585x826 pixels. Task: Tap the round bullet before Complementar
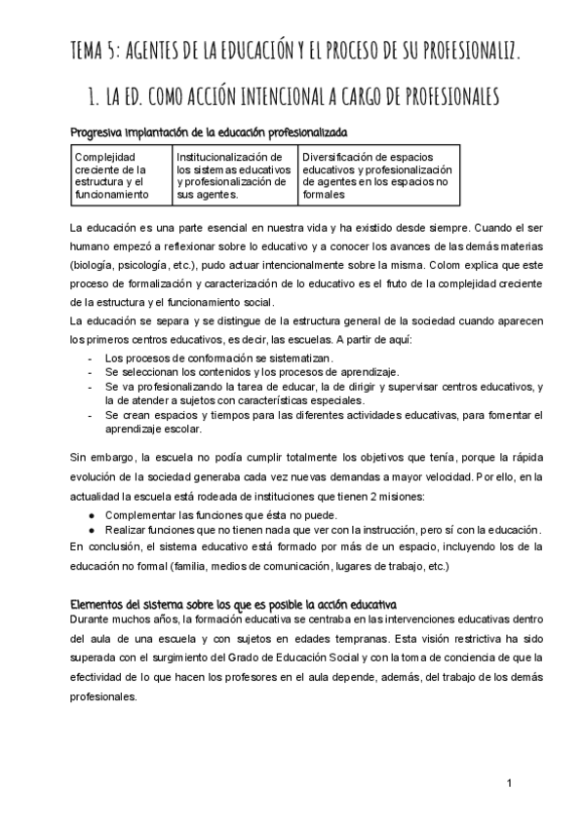point(91,514)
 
